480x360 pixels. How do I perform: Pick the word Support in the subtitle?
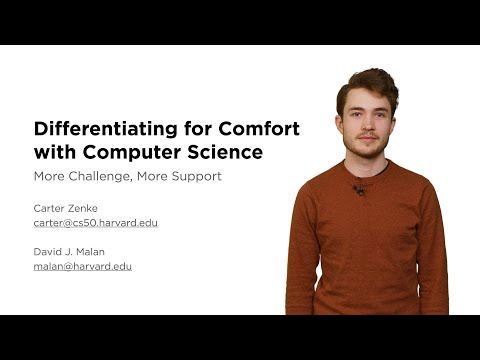pos(193,177)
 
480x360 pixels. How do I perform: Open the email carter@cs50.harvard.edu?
pos(95,223)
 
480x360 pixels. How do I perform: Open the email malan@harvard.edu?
pos(82,267)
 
